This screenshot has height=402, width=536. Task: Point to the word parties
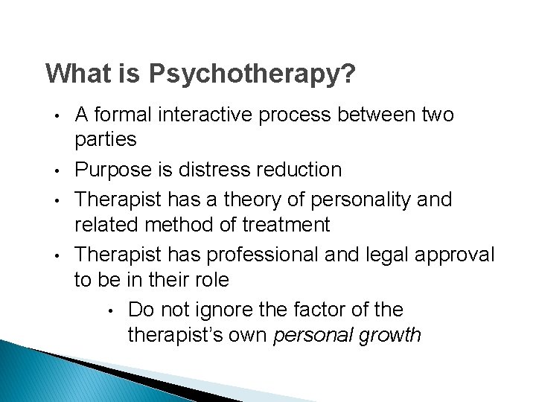(x=105, y=139)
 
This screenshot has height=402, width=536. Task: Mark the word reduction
(x=299, y=170)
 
